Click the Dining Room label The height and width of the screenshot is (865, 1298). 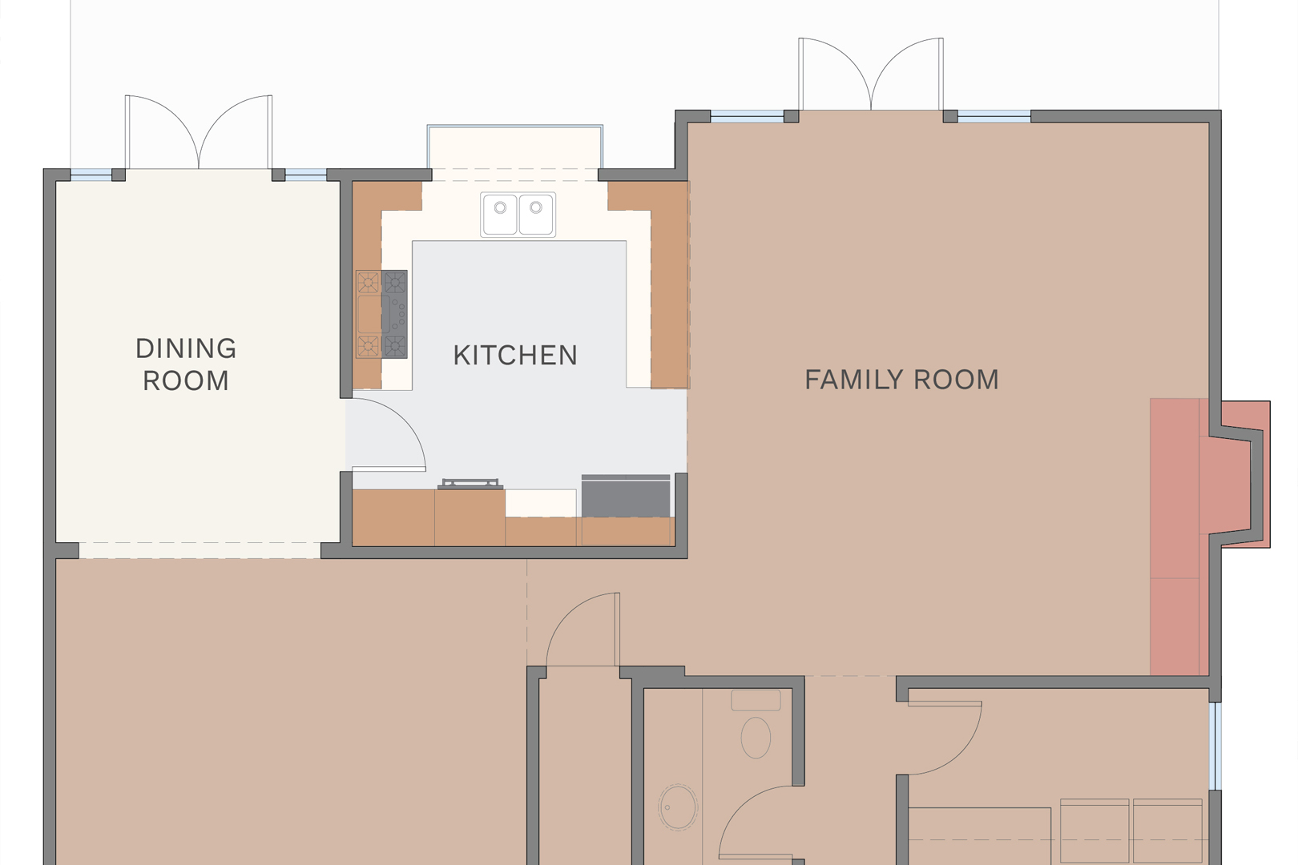(x=186, y=364)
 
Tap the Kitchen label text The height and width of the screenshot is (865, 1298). (x=515, y=355)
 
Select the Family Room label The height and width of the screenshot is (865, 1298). (x=901, y=380)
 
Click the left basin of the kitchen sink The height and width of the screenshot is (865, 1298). (x=499, y=215)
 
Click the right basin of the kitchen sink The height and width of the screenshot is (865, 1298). (x=535, y=215)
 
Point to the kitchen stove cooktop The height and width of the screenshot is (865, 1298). (x=381, y=314)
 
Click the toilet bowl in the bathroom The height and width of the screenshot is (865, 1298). (x=756, y=738)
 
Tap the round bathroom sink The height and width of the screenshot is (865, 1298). (x=677, y=807)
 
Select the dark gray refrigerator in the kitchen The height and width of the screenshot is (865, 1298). (x=626, y=496)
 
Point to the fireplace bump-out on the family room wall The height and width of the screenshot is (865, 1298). (x=1245, y=474)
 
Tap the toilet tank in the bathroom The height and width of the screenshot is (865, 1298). (x=756, y=700)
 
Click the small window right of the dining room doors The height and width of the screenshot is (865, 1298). (x=307, y=174)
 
